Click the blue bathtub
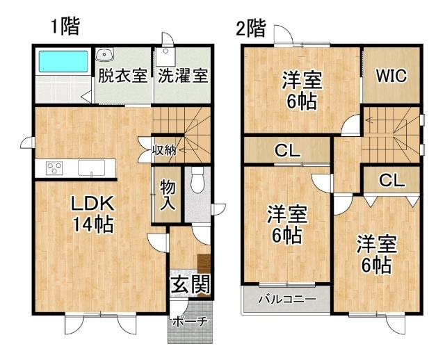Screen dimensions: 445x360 (x=63, y=61)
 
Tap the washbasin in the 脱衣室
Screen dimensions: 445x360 (x=105, y=54)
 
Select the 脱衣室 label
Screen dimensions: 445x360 (x=122, y=76)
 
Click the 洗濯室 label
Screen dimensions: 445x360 (x=183, y=76)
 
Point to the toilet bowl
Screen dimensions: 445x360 (x=197, y=181)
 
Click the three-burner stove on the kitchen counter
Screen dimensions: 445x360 (x=54, y=168)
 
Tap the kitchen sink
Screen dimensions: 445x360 (x=91, y=168)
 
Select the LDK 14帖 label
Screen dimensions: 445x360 (x=93, y=214)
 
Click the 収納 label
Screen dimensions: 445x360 (x=164, y=150)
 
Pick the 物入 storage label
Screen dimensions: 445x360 (x=168, y=195)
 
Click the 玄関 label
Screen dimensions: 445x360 (x=191, y=284)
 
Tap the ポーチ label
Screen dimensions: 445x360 (x=190, y=321)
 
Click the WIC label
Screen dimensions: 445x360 (x=391, y=76)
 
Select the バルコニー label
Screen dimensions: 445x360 (x=287, y=299)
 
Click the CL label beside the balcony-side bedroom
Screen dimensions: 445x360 (x=287, y=151)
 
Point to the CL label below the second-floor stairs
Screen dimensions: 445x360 (x=391, y=180)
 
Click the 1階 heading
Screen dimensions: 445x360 (x=65, y=26)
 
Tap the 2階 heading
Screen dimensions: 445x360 (x=251, y=28)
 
